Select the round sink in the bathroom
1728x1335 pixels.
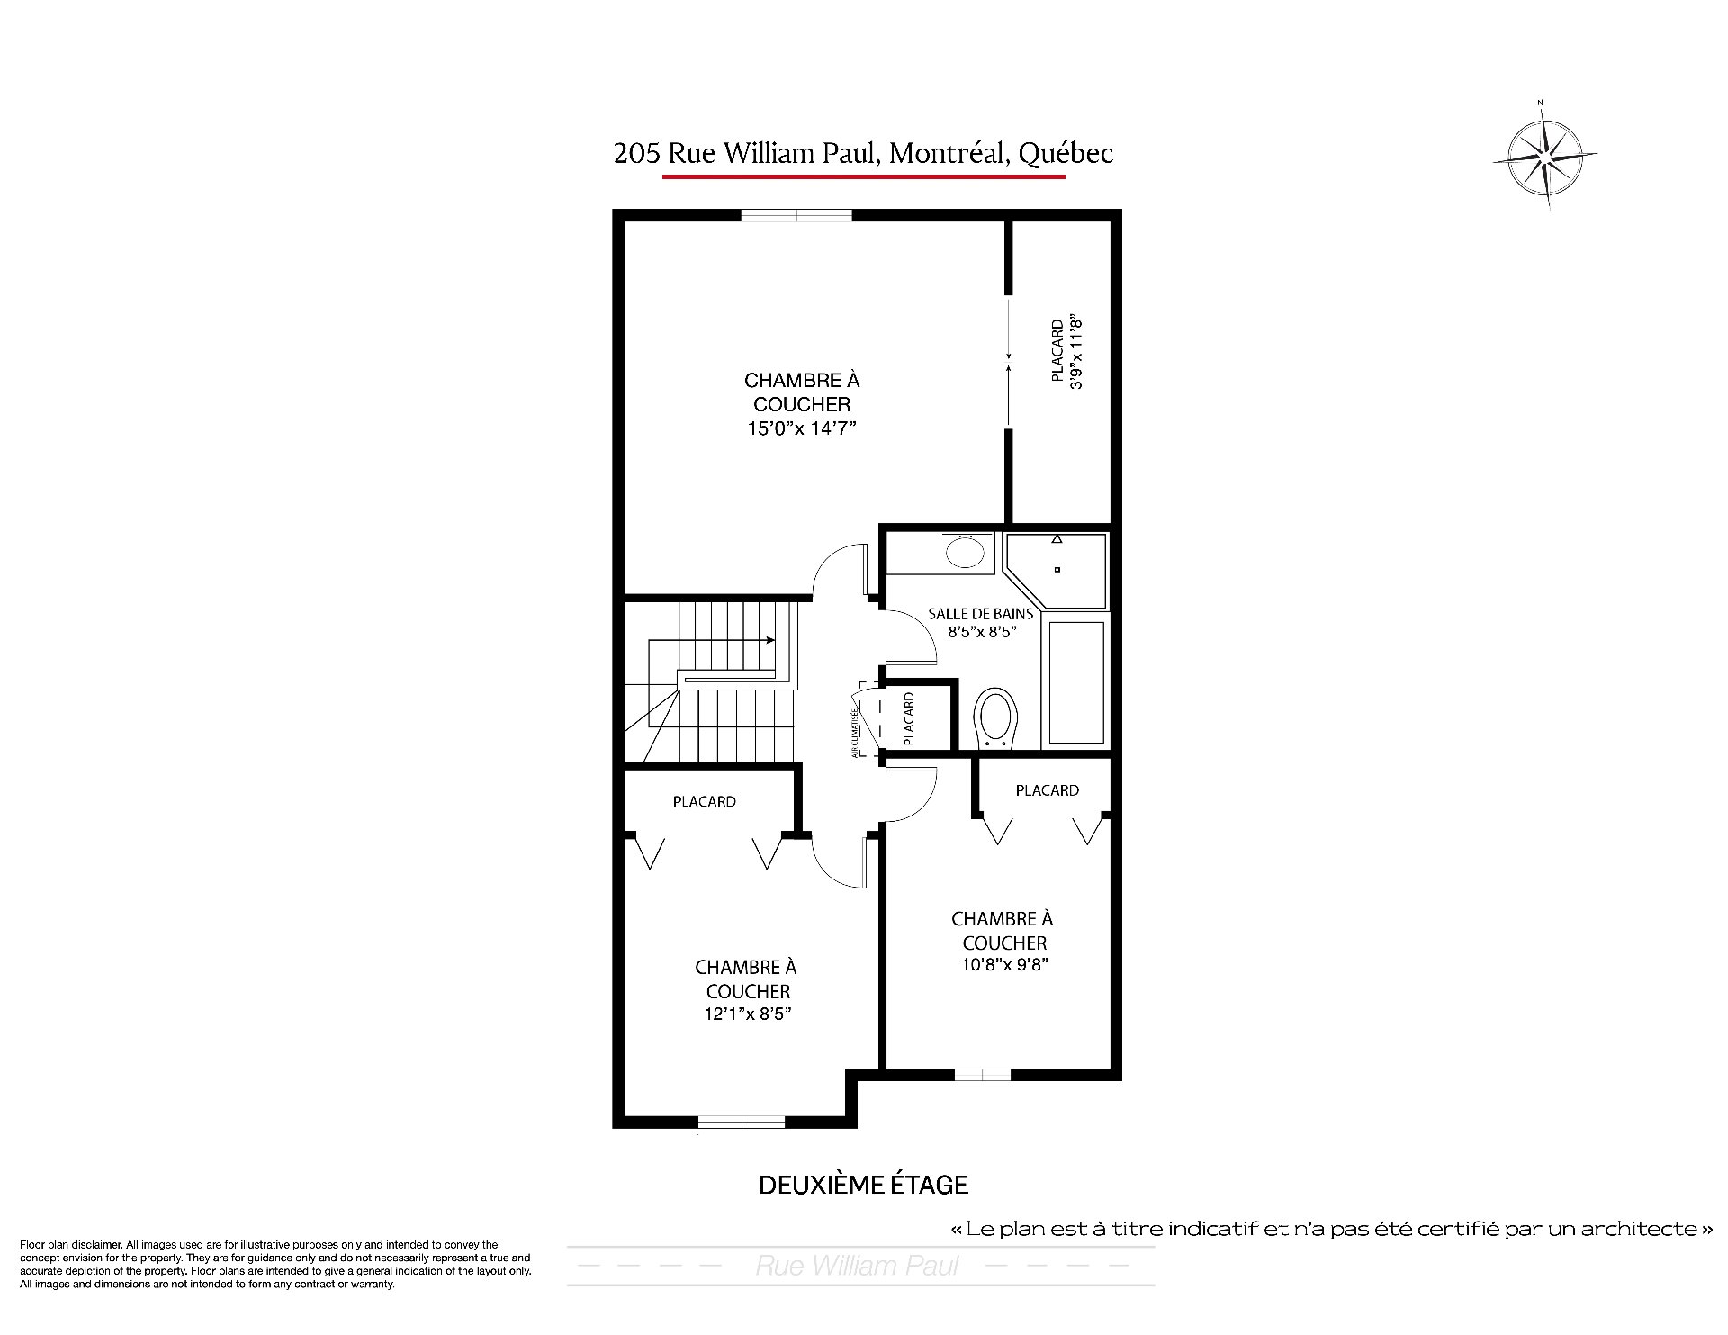[965, 551]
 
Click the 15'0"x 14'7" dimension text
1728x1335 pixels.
[801, 428]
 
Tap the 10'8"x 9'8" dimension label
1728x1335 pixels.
[1003, 965]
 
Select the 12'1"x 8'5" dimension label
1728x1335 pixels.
[748, 1014]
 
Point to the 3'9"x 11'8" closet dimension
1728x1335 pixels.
[1076, 352]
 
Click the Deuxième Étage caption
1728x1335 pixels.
[863, 1185]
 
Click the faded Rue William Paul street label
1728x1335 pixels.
[858, 1267]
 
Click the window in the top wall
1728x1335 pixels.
[796, 215]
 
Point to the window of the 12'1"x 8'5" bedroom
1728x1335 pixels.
[742, 1123]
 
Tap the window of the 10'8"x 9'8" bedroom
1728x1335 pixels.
[983, 1074]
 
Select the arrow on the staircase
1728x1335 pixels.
[711, 641]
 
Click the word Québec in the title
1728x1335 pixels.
[1066, 154]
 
